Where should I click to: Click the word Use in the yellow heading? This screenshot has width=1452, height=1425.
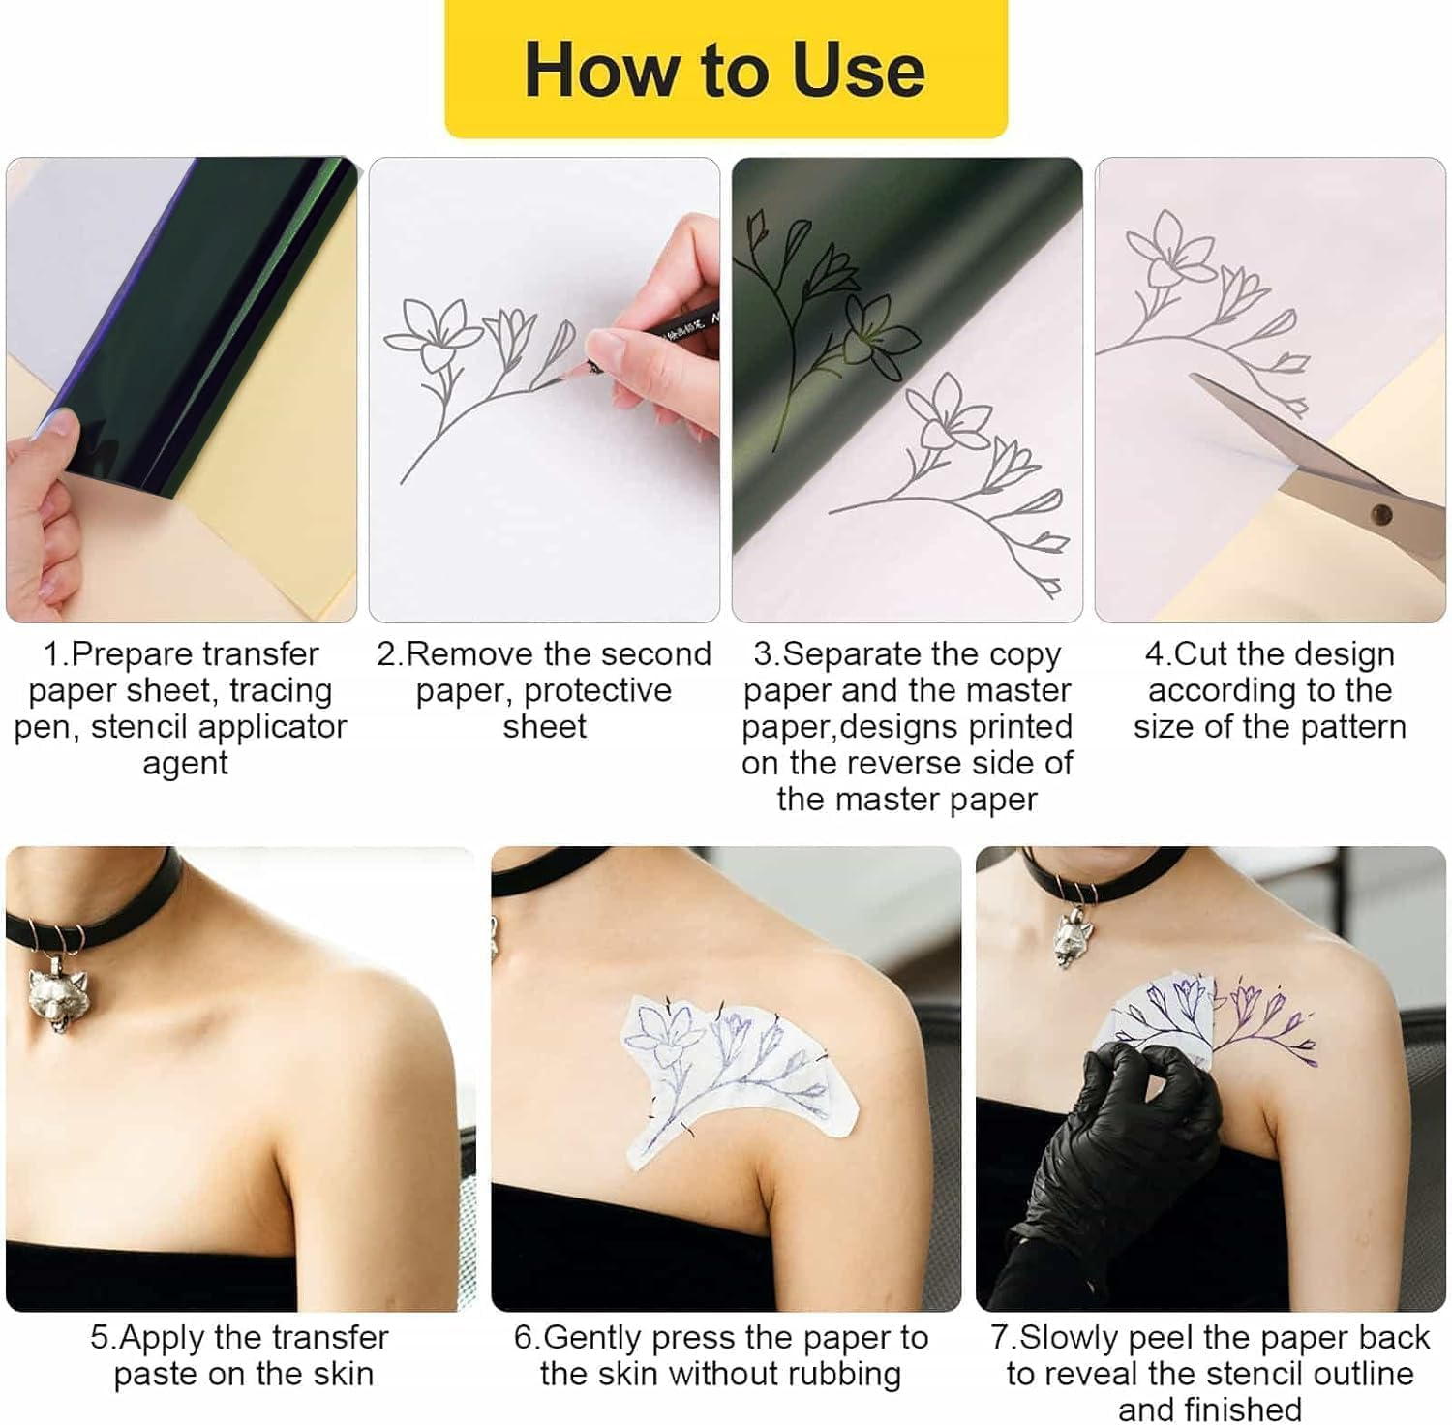point(858,71)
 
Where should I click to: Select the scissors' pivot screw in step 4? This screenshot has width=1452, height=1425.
point(1381,514)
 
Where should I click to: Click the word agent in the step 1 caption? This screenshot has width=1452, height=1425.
point(185,763)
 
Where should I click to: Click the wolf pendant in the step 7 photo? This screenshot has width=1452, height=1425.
point(1075,935)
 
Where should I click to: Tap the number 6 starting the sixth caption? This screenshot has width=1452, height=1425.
point(524,1338)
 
